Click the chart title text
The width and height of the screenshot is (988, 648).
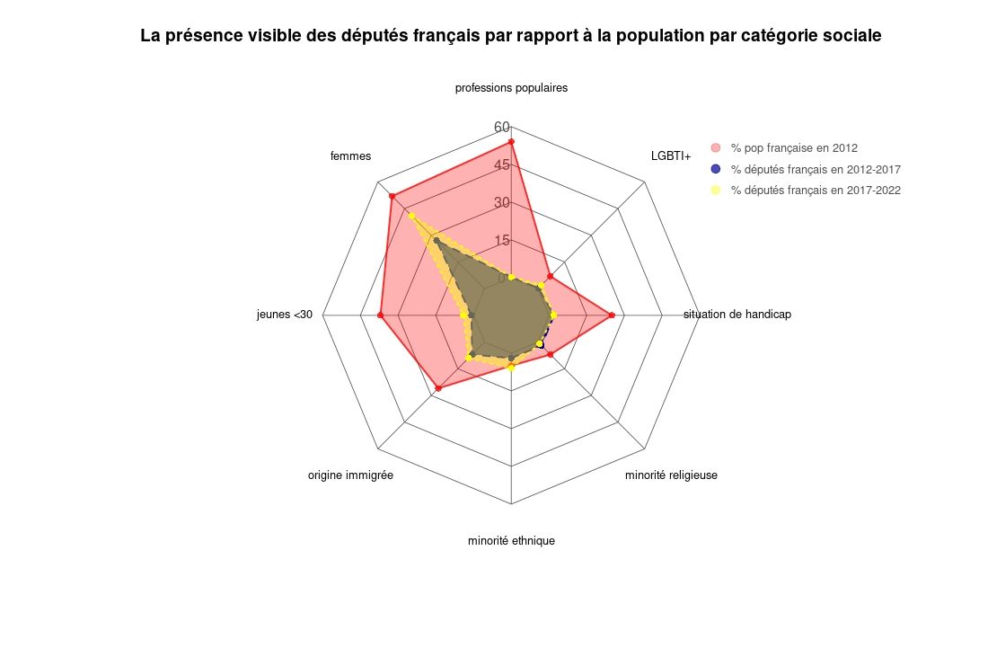(511, 36)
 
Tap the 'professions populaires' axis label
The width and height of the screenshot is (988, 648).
(511, 88)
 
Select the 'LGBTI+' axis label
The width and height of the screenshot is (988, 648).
(671, 156)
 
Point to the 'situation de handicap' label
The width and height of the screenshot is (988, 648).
(737, 315)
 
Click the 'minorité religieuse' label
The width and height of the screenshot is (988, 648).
(671, 475)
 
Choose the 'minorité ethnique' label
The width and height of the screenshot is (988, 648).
(511, 541)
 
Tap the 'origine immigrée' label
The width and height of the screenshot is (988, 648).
(350, 475)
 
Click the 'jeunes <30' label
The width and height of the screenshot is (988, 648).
(285, 315)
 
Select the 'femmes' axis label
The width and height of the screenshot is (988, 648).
(350, 156)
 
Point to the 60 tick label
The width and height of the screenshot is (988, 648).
(502, 127)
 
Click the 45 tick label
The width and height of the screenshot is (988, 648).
(502, 164)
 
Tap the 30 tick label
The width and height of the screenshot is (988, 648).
(502, 202)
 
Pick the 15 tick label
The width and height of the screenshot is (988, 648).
(502, 240)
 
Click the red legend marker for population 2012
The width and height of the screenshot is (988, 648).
(716, 147)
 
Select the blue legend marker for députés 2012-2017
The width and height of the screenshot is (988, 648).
(716, 169)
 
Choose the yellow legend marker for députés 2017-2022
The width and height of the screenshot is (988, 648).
(716, 190)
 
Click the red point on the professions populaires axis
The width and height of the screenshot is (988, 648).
(511, 142)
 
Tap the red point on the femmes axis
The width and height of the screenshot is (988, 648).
(392, 196)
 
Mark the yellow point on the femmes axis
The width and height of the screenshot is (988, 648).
(411, 216)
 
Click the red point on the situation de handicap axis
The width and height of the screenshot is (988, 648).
(612, 315)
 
